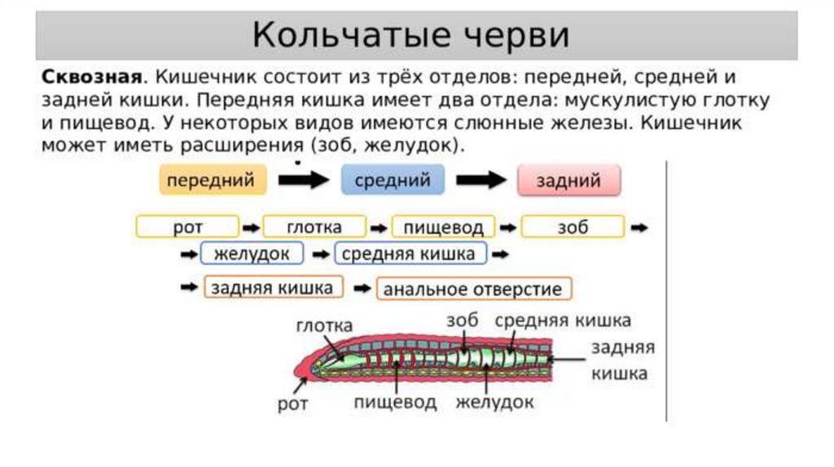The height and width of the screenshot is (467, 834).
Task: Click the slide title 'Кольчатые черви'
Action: point(410,36)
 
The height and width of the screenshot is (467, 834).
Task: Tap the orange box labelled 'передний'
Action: point(213,181)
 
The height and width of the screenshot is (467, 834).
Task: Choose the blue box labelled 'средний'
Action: point(393,181)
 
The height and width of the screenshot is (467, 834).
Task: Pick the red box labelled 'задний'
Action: point(568,181)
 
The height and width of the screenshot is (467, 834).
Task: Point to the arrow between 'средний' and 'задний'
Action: point(481,181)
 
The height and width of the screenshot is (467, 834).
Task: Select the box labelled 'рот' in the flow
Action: point(187,226)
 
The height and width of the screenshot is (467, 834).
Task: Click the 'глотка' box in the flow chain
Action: point(314,226)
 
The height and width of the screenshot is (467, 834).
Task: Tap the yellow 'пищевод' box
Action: point(444,226)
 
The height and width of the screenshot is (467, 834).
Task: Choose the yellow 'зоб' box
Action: point(573,226)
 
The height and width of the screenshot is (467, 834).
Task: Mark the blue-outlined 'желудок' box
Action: point(252,254)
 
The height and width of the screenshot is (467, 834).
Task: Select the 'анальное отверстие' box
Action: point(473,289)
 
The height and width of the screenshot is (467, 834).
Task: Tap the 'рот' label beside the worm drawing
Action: point(292,404)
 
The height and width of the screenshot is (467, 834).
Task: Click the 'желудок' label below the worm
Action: point(494,402)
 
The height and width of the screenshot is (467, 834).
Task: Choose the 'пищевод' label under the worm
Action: point(396,402)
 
